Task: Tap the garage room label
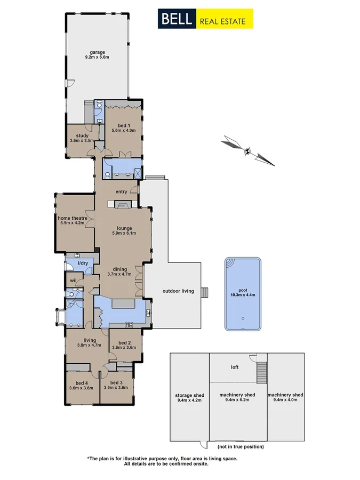coord(97,52)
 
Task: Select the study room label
coord(82,135)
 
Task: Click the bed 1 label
coord(124,125)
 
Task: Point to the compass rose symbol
coord(247,151)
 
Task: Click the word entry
coord(121,191)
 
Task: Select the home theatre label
coord(73,218)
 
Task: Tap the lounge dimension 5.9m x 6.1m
coord(124,233)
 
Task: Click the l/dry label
coord(83,263)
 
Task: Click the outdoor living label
coord(178,291)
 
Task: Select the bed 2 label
coord(124,342)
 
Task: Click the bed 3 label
coord(116,382)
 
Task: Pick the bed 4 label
coord(81,382)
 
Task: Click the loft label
coord(235,367)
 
